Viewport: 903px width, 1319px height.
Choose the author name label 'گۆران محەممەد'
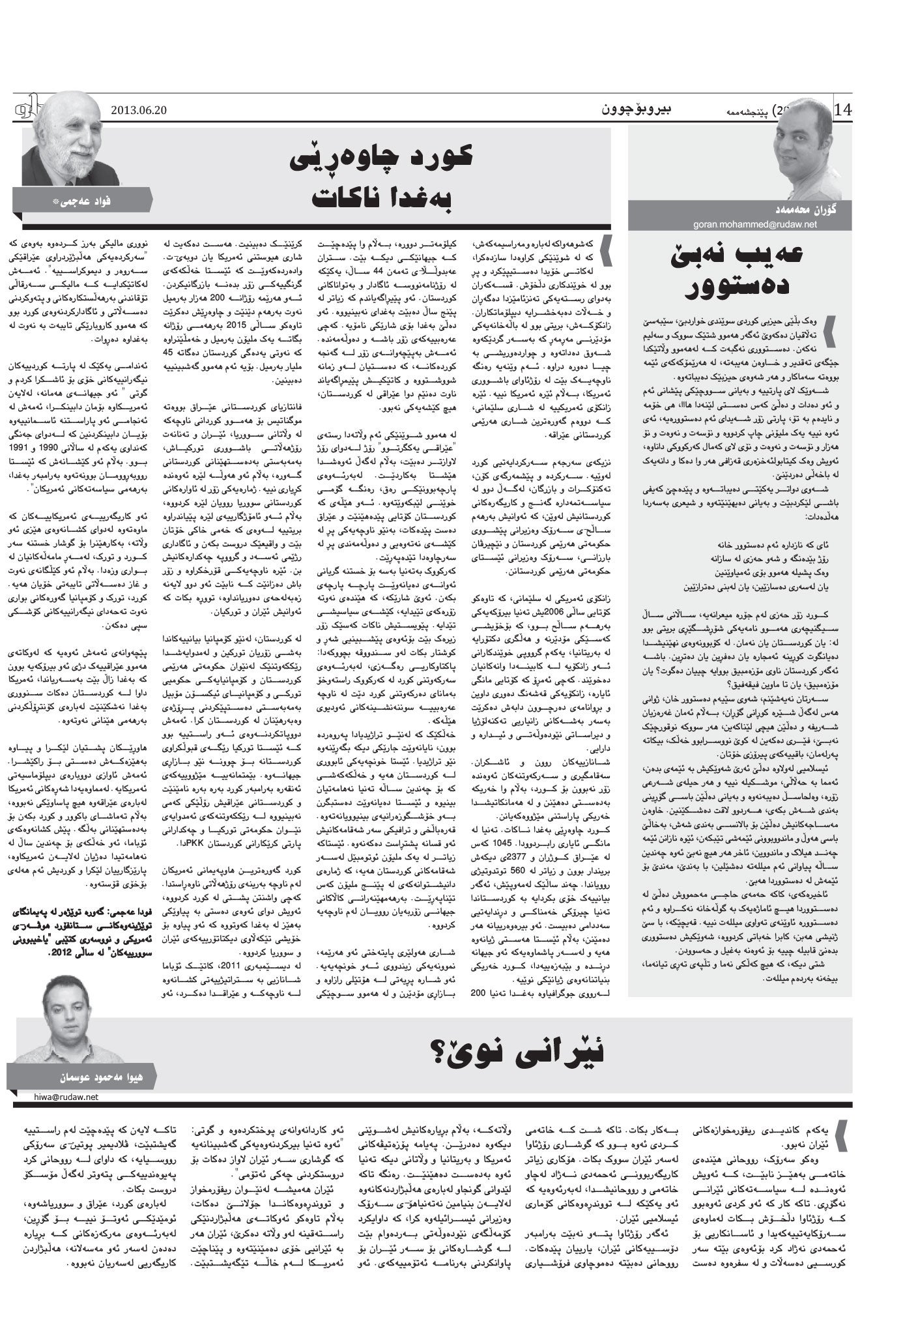(x=774, y=212)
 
